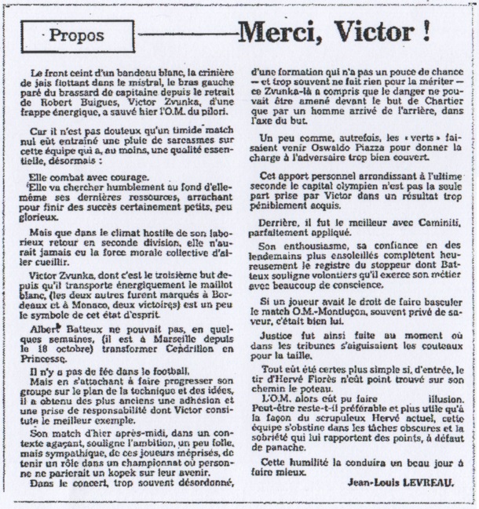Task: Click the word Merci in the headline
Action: [280, 32]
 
